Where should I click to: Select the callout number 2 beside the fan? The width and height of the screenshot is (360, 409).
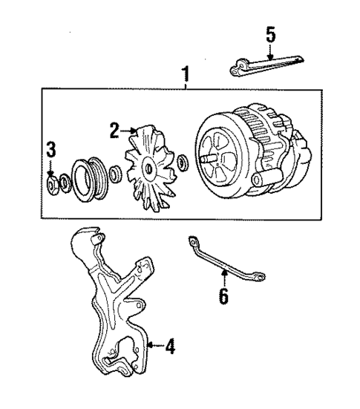114,131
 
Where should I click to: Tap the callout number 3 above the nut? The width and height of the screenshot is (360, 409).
50,149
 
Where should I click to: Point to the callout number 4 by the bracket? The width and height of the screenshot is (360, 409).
170,345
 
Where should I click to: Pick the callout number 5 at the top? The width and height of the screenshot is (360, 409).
271,34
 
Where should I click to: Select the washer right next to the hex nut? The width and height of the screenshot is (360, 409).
65,180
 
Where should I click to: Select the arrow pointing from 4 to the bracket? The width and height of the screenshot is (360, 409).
154,344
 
